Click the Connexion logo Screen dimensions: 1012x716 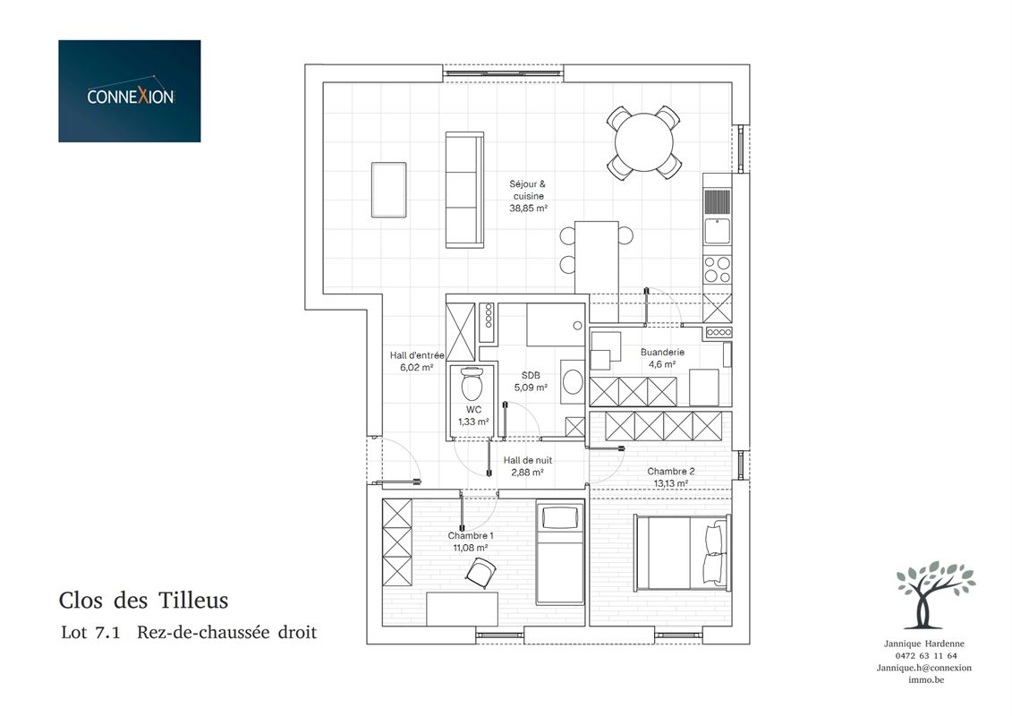(129, 91)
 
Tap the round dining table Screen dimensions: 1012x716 (643, 142)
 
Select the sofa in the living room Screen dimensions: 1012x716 (464, 190)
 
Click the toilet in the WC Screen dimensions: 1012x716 (472, 383)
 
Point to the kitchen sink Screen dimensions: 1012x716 (717, 231)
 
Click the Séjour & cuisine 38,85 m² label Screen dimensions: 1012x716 (528, 196)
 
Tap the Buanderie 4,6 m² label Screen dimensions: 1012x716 (662, 358)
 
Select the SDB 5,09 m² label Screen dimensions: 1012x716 (531, 381)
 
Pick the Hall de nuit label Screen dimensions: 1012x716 (527, 460)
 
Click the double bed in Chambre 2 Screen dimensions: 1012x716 (682, 552)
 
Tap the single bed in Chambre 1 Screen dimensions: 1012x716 (559, 554)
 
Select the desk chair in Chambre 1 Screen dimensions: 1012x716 (480, 572)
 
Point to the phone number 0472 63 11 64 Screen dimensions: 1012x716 (926, 656)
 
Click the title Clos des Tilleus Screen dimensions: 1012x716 (143, 601)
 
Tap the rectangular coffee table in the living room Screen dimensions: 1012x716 (388, 190)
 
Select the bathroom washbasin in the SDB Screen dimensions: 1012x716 (573, 381)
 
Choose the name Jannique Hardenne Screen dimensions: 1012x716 (923, 644)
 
